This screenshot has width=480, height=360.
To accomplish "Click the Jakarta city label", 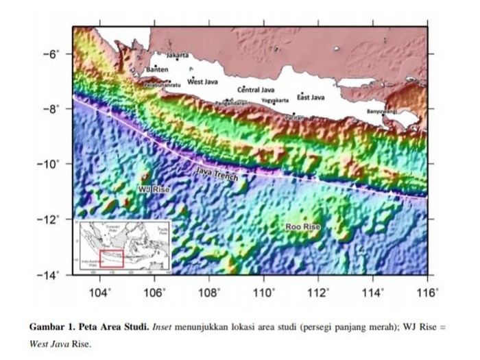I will [178, 54].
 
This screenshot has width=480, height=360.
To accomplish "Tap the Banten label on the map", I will [157, 70].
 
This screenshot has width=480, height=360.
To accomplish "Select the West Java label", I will [202, 82].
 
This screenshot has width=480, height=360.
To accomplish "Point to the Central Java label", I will [256, 90].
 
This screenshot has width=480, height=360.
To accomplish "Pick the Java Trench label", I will [217, 174].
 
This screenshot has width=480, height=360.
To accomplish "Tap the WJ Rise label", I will [154, 188].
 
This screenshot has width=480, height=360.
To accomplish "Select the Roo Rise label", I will [302, 226].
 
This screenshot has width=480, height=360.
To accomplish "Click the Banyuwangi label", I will [383, 111].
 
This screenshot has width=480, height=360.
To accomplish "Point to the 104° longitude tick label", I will [100, 293].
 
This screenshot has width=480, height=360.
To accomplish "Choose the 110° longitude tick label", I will [264, 293].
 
